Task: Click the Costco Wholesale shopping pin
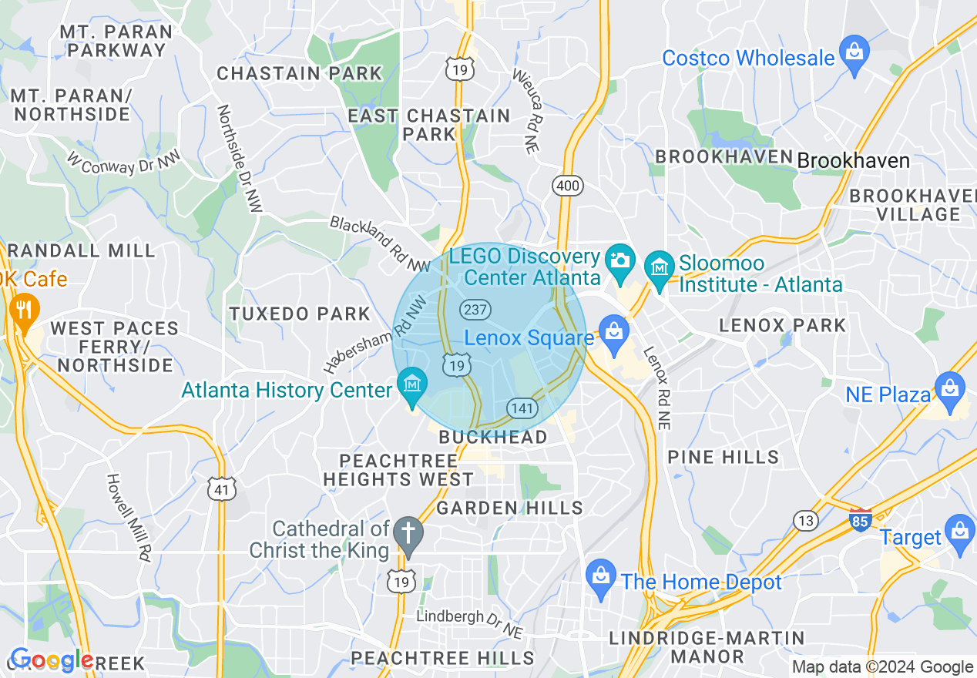point(854,53)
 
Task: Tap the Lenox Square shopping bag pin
point(613,334)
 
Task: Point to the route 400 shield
point(568,186)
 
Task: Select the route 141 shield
point(522,408)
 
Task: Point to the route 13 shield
point(806,522)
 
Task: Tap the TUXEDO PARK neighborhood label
point(300,314)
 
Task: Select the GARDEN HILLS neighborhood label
point(509,508)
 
